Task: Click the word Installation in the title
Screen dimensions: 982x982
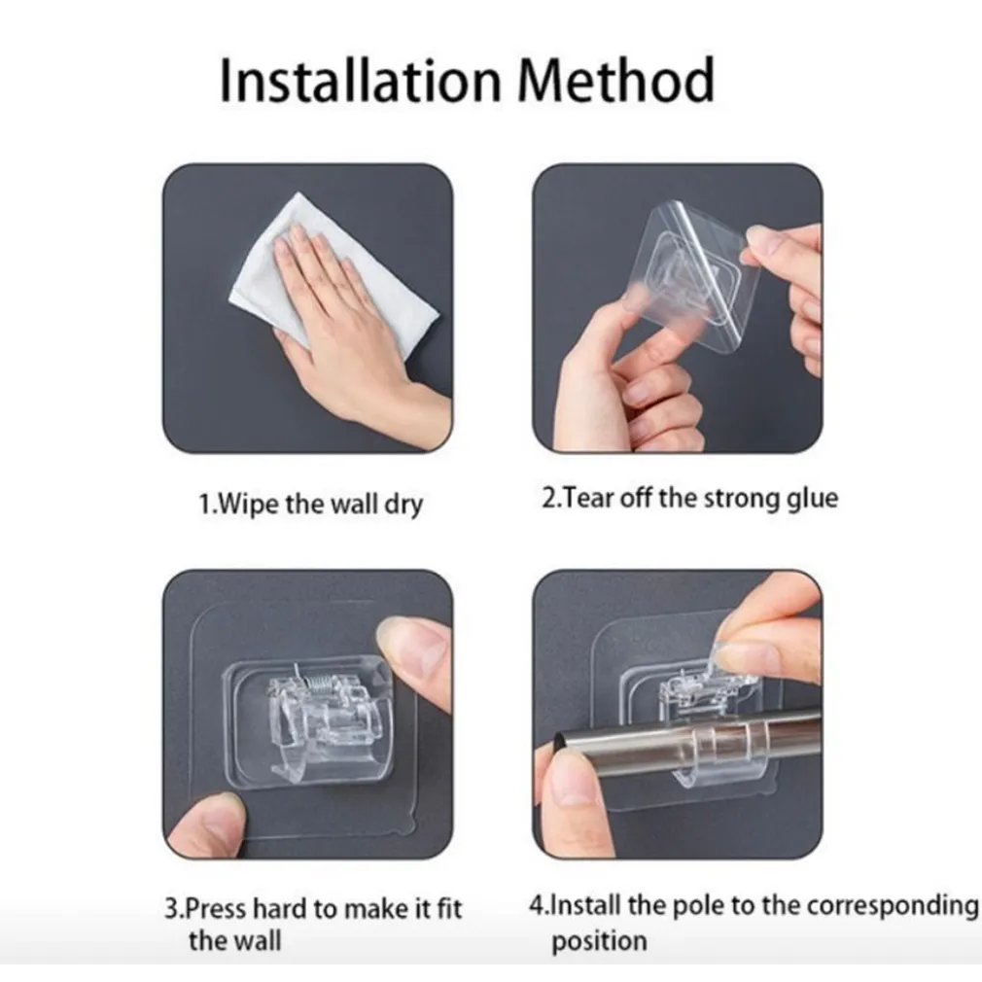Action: click(x=361, y=80)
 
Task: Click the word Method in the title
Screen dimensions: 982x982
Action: click(x=616, y=80)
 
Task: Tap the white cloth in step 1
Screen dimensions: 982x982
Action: click(x=332, y=275)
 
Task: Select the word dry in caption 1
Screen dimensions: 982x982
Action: click(x=403, y=505)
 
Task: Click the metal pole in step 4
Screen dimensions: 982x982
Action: click(x=689, y=742)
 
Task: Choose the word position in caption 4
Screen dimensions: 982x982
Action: click(x=599, y=941)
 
